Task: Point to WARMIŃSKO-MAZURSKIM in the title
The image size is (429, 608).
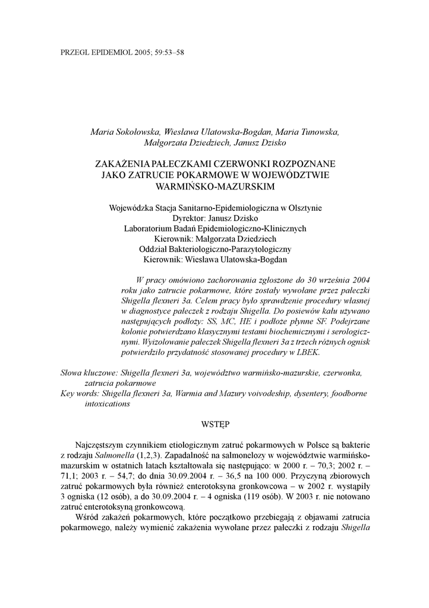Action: click(x=214, y=186)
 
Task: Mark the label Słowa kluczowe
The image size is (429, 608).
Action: click(x=89, y=373)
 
